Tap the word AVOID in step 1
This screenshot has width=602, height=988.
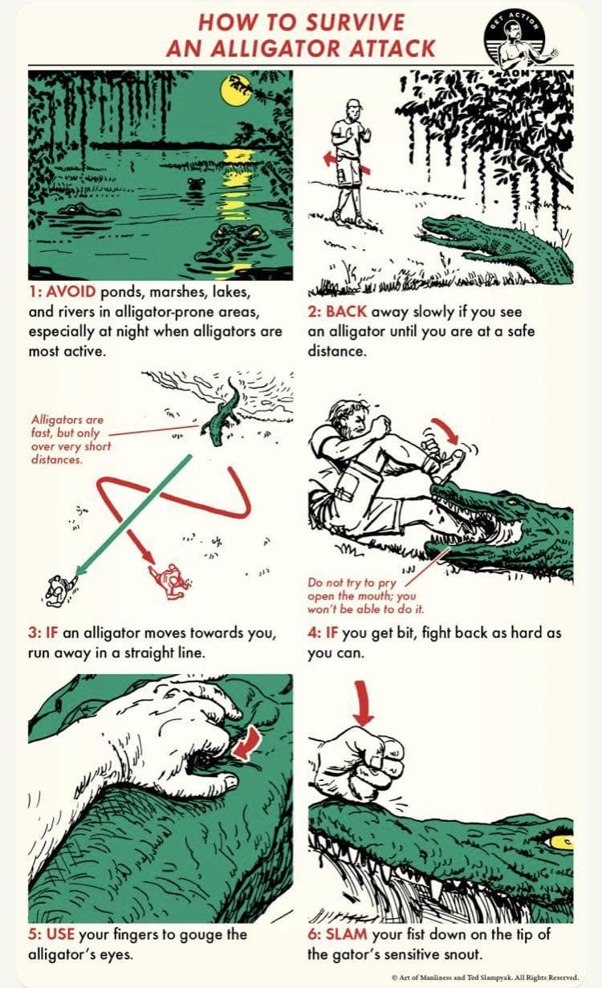pos(71,291)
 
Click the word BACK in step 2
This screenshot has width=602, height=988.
pos(346,311)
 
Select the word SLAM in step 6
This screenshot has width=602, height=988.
pos(347,933)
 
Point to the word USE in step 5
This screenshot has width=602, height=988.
pos(60,933)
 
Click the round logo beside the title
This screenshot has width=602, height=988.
pos(515,41)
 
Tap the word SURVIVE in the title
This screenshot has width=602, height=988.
pos(355,23)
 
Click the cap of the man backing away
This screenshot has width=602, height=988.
pos(354,104)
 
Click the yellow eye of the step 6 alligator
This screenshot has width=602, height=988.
pos(561,842)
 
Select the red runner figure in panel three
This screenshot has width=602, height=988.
pos(170,581)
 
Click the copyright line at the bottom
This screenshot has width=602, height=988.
pos(485,977)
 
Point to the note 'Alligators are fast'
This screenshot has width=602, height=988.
pos(71,439)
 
